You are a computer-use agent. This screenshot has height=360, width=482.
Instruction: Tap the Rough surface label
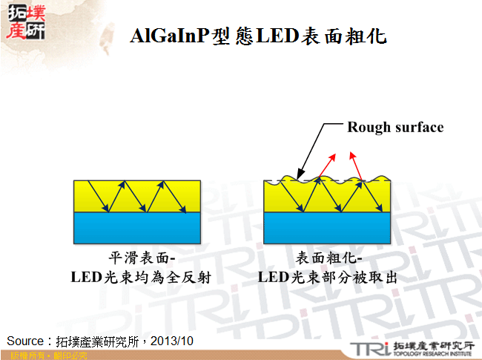click(x=395, y=127)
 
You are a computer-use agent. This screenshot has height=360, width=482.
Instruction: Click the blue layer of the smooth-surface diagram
click(x=137, y=229)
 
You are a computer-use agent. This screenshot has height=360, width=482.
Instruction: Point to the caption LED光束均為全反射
click(x=142, y=278)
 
